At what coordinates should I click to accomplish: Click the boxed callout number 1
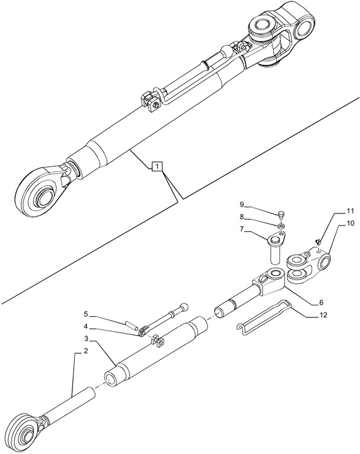coord(157,166)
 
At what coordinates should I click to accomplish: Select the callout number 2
coord(86,351)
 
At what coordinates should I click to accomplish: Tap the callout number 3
coord(86,339)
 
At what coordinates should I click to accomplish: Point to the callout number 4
coord(86,326)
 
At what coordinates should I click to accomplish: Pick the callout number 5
coord(86,314)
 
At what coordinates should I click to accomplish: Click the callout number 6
coord(321,303)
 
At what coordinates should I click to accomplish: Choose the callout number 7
coord(242,229)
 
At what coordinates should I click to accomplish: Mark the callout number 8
coord(242,217)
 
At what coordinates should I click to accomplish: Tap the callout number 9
coord(242,205)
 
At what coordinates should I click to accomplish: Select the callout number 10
coord(351,224)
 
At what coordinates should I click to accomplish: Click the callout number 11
coord(351,211)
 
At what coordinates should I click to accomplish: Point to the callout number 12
coord(324,315)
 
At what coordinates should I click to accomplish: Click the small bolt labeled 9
coord(280,214)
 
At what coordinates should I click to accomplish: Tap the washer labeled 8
coord(281,225)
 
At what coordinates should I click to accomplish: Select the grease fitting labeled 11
coord(318,241)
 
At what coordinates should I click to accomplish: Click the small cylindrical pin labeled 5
coord(130,324)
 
